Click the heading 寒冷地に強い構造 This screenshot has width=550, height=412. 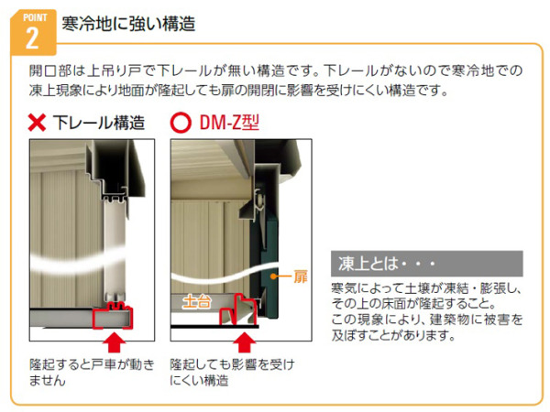point(128,25)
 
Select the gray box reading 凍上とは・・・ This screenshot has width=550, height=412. point(424,264)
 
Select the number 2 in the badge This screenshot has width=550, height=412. point(31,37)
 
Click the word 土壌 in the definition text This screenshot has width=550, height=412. point(418,289)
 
